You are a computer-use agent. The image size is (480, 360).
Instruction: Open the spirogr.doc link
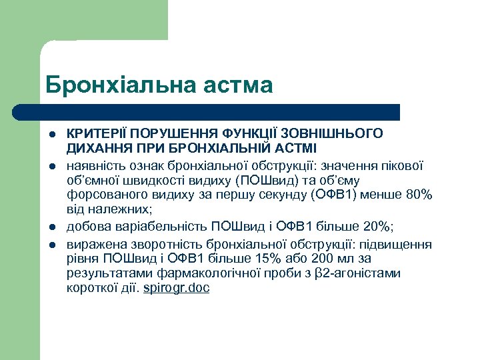click(x=177, y=289)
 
